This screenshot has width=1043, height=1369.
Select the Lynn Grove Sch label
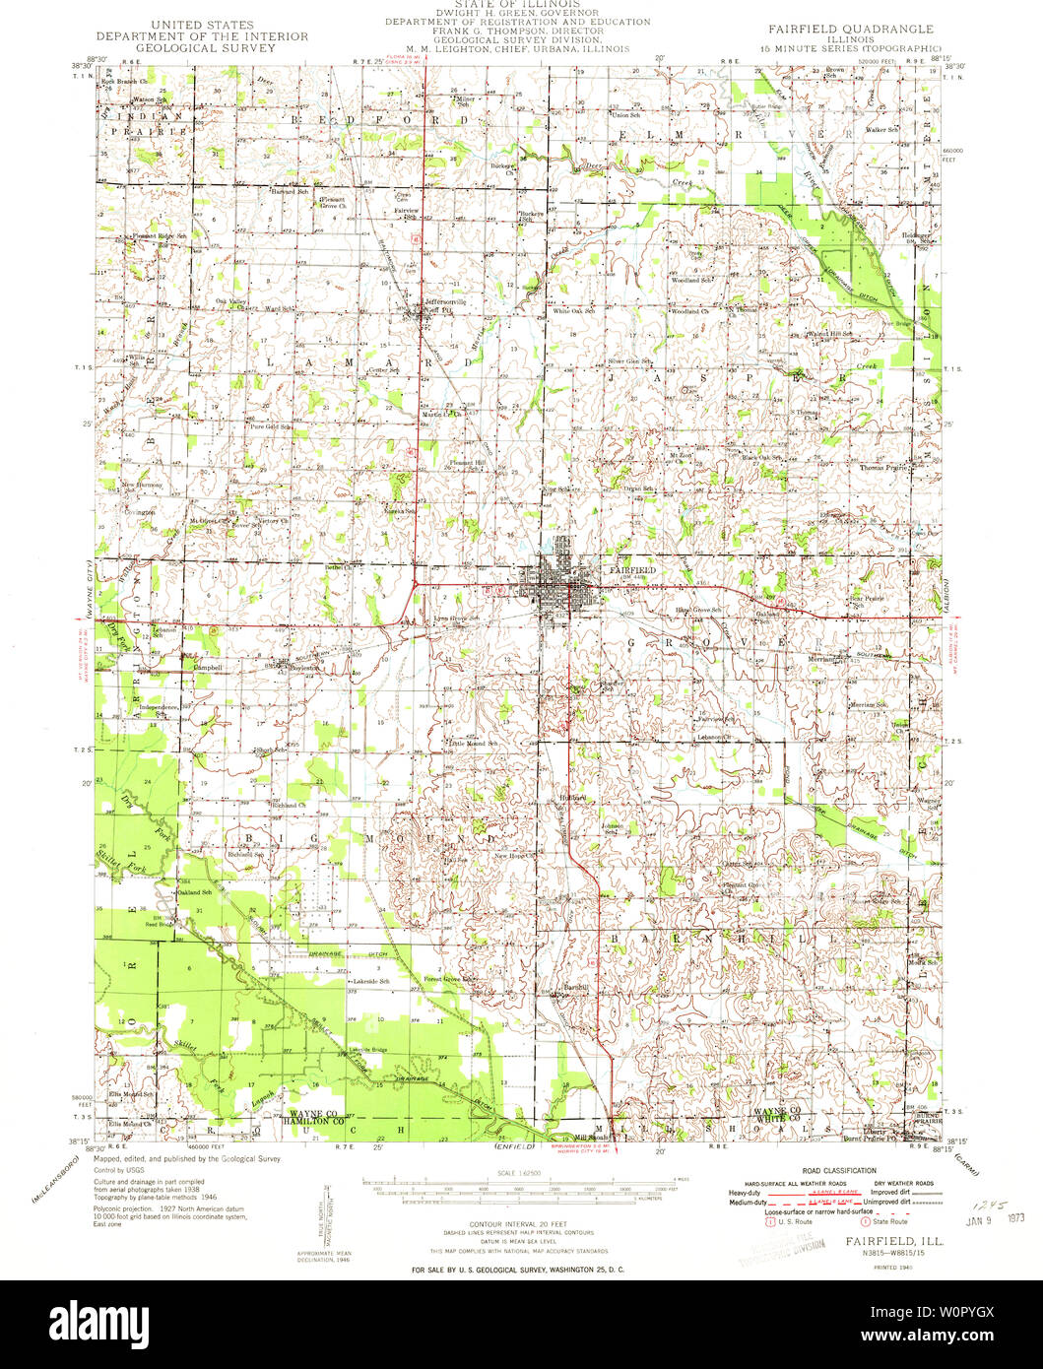(x=457, y=619)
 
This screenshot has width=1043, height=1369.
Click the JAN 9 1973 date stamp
(x=988, y=1217)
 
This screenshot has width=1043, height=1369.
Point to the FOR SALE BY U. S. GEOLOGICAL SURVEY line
(x=517, y=1270)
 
